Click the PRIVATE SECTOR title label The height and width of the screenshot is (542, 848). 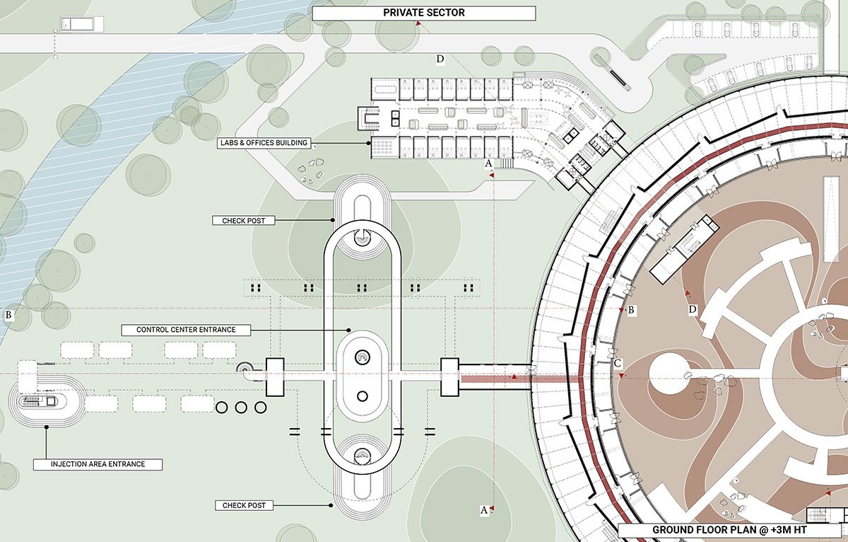(x=424, y=13)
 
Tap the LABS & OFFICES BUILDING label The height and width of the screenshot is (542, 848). (x=264, y=143)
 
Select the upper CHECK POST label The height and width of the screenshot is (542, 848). (x=243, y=221)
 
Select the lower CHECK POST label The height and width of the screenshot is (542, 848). (x=244, y=505)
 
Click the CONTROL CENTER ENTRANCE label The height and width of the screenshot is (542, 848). (x=186, y=330)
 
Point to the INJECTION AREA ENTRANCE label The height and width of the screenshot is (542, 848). (x=98, y=465)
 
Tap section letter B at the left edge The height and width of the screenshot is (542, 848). (x=8, y=316)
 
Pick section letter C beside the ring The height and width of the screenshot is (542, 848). (x=618, y=364)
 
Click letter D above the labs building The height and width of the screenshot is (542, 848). (x=440, y=59)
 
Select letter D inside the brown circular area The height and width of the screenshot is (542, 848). (x=693, y=310)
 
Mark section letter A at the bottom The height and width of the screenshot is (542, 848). (x=484, y=509)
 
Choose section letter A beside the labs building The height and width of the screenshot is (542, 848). (x=488, y=163)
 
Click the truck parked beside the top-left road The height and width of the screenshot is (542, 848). (x=77, y=24)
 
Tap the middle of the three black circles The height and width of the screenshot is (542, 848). (x=240, y=408)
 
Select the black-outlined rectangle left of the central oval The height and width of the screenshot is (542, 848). (x=274, y=377)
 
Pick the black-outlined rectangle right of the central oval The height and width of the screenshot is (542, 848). (x=450, y=377)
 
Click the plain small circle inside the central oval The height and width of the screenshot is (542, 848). (x=363, y=396)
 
